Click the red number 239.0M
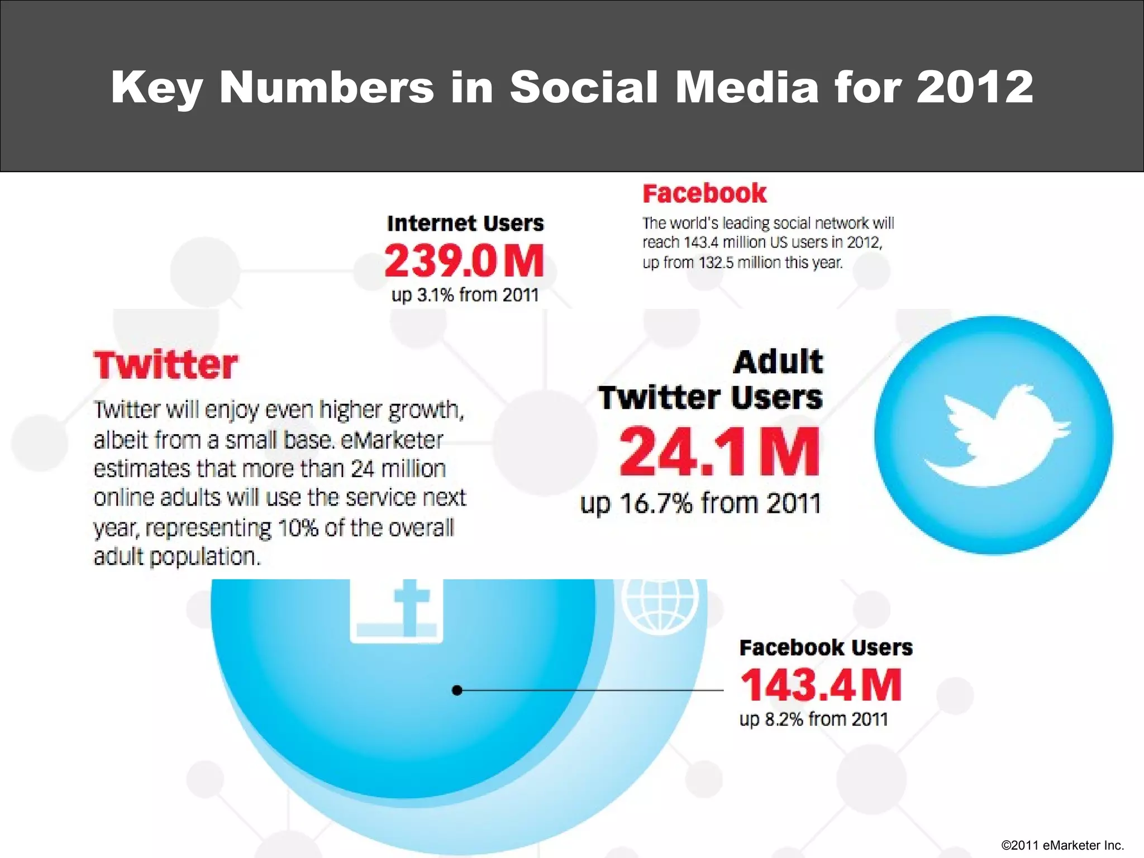pyautogui.click(x=464, y=261)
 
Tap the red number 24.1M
pyautogui.click(x=719, y=452)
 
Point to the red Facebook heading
pyautogui.click(x=704, y=194)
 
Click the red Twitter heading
pyautogui.click(x=166, y=365)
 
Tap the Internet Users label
pyautogui.click(x=465, y=223)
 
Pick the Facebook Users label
pyautogui.click(x=826, y=647)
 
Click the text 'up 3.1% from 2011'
pyautogui.click(x=465, y=295)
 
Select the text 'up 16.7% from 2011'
pyautogui.click(x=700, y=503)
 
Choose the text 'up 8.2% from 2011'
pyautogui.click(x=814, y=719)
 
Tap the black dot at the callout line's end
pyautogui.click(x=457, y=690)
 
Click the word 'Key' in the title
pyautogui.click(x=156, y=88)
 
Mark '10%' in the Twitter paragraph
pyautogui.click(x=298, y=528)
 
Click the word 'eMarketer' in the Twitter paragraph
pyautogui.click(x=392, y=441)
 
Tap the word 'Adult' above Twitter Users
pyautogui.click(x=778, y=362)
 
